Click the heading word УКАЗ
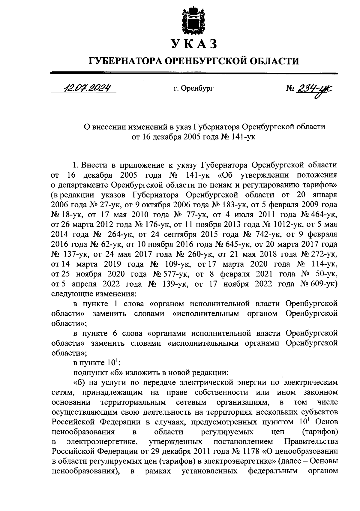point(194,44)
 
